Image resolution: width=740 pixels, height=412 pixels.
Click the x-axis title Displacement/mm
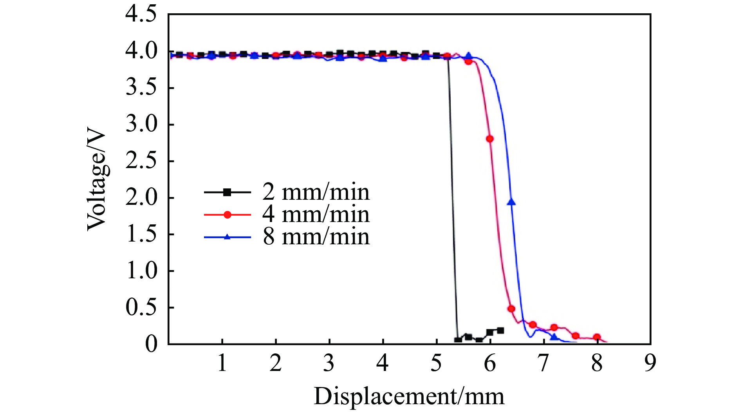(409, 396)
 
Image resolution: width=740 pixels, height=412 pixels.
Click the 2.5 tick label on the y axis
(141, 161)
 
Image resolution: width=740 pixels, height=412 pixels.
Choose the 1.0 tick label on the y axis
(141, 270)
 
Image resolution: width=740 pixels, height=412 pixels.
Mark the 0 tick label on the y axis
(151, 344)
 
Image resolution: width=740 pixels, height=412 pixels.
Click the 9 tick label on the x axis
(650, 363)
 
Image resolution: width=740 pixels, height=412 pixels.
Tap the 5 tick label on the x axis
(436, 363)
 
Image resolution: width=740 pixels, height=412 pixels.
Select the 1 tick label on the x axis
(222, 363)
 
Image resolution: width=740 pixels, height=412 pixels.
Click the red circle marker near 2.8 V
(490, 139)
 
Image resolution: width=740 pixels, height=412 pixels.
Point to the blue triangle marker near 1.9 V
(511, 202)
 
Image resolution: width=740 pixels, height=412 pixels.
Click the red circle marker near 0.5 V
(511, 309)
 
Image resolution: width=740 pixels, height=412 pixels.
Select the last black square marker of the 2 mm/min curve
(500, 331)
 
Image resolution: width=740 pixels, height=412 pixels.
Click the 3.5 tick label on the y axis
(141, 88)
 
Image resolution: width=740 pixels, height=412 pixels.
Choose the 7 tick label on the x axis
(543, 363)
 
